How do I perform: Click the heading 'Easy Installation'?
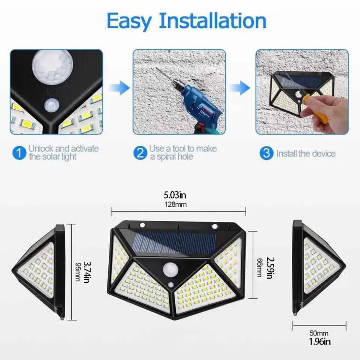point(186,21)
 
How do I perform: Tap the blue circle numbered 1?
point(19,153)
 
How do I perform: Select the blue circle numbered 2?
point(140,153)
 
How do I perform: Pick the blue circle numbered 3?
point(266,154)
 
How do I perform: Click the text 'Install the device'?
point(306,154)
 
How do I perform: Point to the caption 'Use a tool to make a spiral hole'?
point(182,153)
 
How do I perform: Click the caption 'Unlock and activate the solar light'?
point(63,153)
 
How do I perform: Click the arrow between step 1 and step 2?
point(119,87)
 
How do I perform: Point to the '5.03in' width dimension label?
point(175,195)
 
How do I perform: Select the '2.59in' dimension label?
point(271,268)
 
